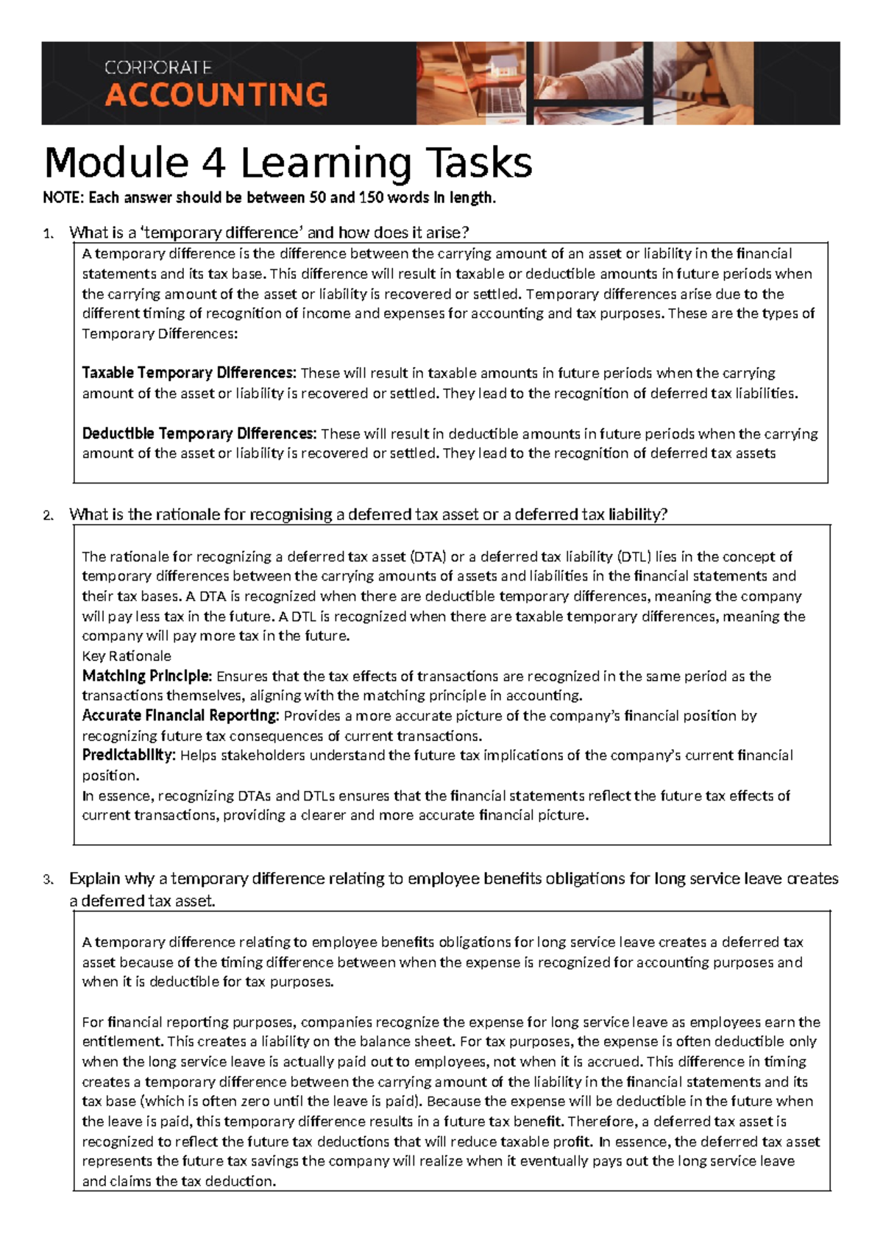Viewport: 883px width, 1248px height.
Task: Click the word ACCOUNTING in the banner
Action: click(216, 95)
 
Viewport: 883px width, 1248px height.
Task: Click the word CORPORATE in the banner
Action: click(158, 68)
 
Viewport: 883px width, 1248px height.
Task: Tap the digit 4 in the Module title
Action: click(213, 163)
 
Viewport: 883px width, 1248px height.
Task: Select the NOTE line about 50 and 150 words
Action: click(269, 197)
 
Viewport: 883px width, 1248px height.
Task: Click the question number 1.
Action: click(48, 234)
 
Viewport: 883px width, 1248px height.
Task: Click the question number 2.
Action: click(48, 516)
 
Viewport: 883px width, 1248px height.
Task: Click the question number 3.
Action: click(48, 879)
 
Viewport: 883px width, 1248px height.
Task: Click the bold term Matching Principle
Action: click(146, 676)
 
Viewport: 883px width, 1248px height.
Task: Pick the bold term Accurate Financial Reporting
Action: click(180, 715)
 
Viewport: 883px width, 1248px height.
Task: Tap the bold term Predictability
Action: click(128, 755)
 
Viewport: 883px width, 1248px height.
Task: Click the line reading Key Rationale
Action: click(127, 656)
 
